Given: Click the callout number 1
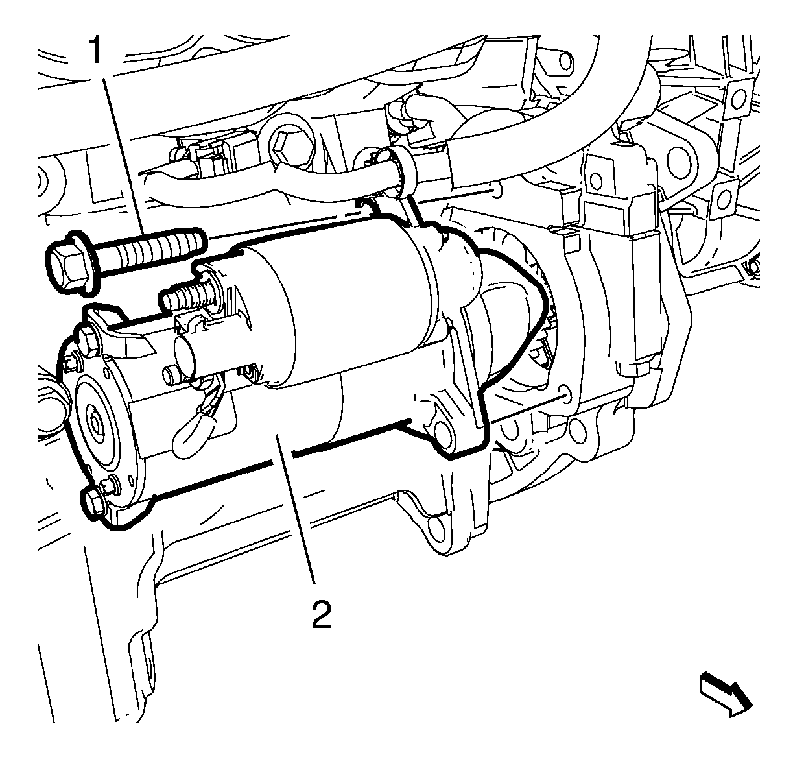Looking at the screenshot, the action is point(95,50).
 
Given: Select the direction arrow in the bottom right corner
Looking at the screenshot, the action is point(724,701).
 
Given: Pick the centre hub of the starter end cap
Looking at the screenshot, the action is point(96,424).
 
